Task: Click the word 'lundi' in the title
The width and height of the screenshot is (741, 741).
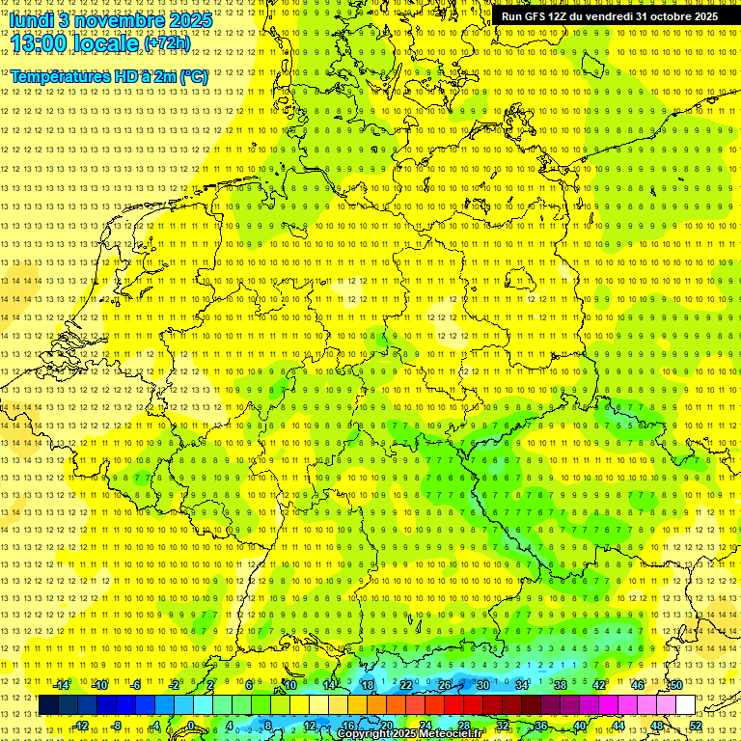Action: (34, 19)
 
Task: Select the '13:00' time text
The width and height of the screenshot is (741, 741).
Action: (39, 42)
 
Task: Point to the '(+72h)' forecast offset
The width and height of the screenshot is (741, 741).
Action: (167, 43)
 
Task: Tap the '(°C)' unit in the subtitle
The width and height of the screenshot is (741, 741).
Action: (193, 76)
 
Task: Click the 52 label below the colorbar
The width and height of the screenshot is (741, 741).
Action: (695, 726)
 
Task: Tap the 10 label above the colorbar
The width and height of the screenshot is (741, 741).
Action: (289, 685)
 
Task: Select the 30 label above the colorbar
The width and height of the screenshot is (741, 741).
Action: (482, 685)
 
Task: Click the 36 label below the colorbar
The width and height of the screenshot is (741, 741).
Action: (540, 726)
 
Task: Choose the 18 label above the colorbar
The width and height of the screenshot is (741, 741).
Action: (367, 685)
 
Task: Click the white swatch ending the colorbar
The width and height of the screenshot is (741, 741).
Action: (685, 705)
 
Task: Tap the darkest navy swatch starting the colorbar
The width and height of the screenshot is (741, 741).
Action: (48, 705)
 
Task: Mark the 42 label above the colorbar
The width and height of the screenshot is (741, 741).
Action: (598, 685)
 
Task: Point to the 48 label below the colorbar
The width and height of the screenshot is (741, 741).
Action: (656, 726)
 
